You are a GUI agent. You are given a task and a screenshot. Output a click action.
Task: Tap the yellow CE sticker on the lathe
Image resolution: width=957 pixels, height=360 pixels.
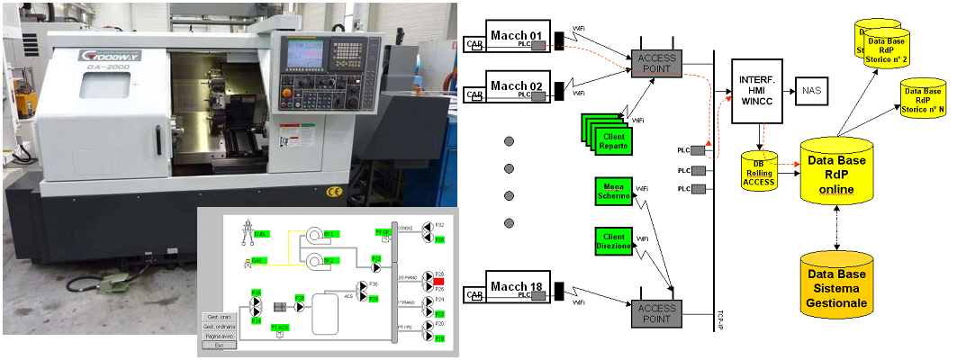pyautogui.click(x=333, y=192)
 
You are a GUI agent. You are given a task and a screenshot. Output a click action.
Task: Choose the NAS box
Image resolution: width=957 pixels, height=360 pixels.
pyautogui.click(x=811, y=92)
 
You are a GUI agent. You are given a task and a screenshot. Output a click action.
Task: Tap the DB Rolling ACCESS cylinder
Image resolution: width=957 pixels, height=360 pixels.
pyautogui.click(x=758, y=170)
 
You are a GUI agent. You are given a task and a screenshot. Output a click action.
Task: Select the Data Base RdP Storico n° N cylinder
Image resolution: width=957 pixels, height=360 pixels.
pyautogui.click(x=923, y=100)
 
